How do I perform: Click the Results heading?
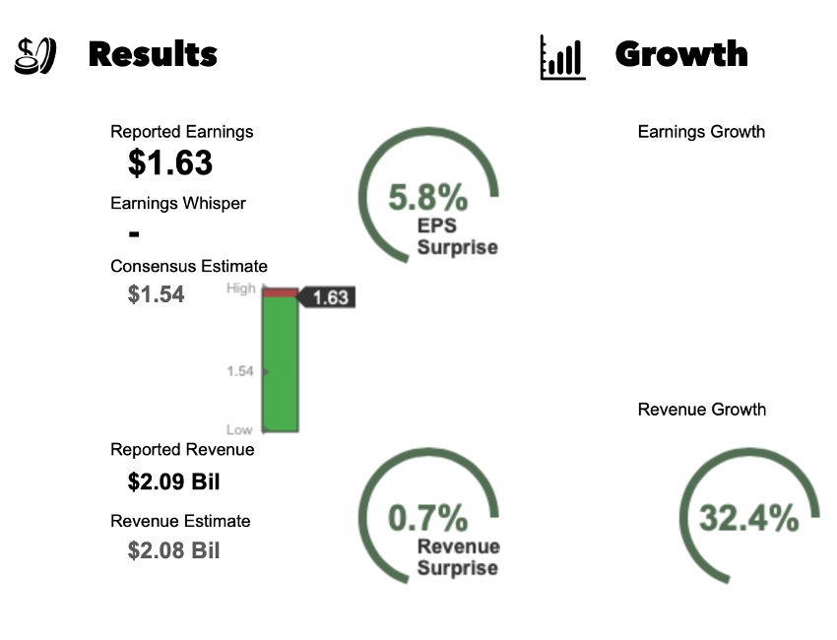[x=153, y=54]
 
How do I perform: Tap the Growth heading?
[x=681, y=54]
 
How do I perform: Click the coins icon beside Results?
[x=34, y=55]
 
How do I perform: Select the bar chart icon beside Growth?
[x=562, y=57]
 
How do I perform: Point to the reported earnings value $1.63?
[x=170, y=163]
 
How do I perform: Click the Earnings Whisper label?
[x=178, y=204]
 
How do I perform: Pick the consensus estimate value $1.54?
[x=156, y=294]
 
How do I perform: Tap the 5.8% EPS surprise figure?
[x=427, y=198]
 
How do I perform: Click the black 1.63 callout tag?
[x=328, y=297]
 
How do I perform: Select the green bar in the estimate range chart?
[x=280, y=364]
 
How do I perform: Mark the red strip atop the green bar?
[x=280, y=292]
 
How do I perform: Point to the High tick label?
[x=240, y=288]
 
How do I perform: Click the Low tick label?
[x=239, y=430]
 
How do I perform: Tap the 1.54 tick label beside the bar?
[x=239, y=371]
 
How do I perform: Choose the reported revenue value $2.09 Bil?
[x=173, y=482]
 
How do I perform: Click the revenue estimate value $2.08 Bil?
[x=173, y=550]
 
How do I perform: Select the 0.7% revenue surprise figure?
[x=427, y=518]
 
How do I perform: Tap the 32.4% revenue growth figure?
[x=748, y=518]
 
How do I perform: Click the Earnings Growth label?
[x=701, y=132]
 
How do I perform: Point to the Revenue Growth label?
[x=701, y=410]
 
